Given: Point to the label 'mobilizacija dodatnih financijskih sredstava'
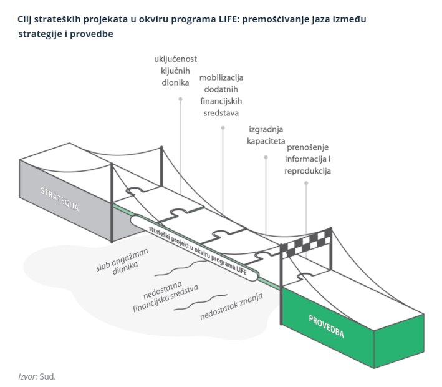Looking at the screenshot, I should coord(221,95).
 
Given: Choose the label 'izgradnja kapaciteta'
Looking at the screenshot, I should coord(265,135).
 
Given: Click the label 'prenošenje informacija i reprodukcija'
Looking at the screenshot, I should coord(308,159).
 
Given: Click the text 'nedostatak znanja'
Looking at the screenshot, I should coord(231,306).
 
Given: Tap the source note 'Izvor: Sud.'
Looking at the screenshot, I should coord(37,376).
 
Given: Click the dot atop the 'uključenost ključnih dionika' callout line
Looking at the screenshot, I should coord(180,99).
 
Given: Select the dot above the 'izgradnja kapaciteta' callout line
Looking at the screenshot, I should coord(266,157).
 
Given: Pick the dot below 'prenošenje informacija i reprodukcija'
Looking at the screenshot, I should coord(306,183).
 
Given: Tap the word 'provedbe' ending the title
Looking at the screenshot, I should coord(95,34).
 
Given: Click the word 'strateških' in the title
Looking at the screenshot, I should coord(57,19).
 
